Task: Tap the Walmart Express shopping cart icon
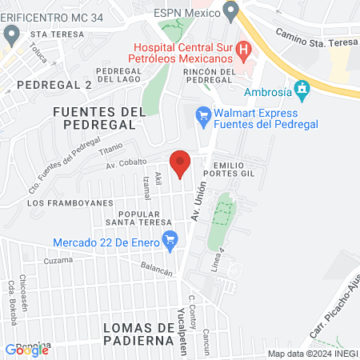point(203,117)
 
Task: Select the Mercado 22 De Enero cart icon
point(170,238)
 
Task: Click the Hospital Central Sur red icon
point(246,50)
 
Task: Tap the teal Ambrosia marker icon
point(302,88)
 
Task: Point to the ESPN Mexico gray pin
point(232,10)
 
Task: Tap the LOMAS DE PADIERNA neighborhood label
point(139,334)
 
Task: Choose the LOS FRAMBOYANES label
point(70,203)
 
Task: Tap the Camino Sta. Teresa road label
point(311,37)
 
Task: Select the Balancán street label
point(157,271)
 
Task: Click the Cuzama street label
point(58,261)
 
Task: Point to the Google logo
point(26,350)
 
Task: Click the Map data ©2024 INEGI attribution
point(312,354)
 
